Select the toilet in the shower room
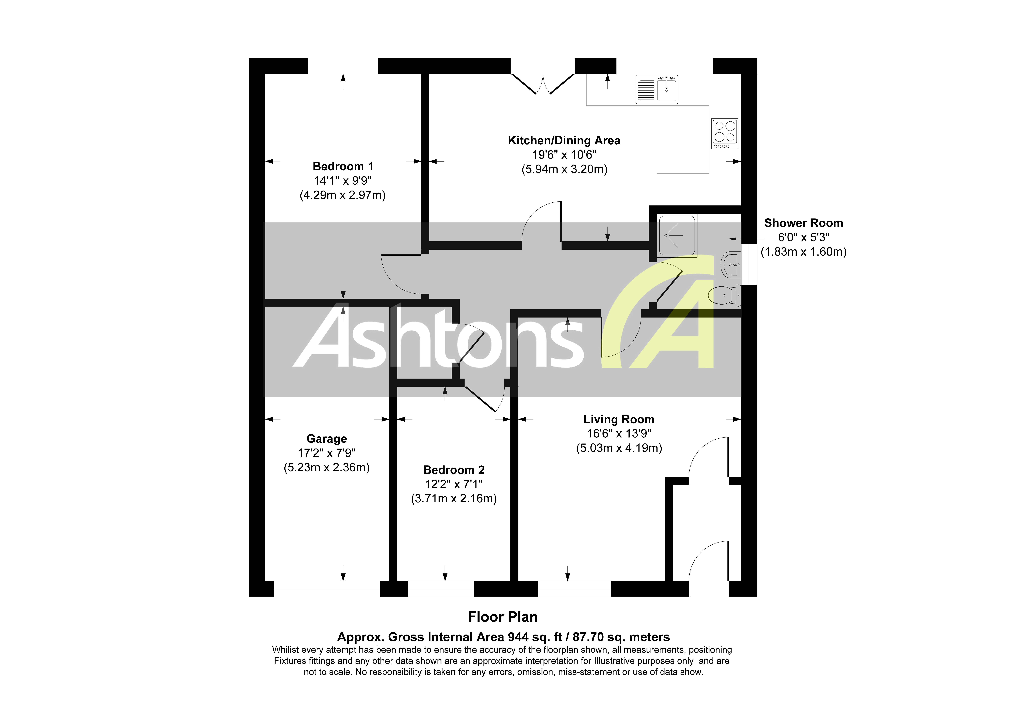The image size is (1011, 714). (x=724, y=295)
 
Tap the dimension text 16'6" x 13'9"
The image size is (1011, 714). (x=619, y=434)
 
